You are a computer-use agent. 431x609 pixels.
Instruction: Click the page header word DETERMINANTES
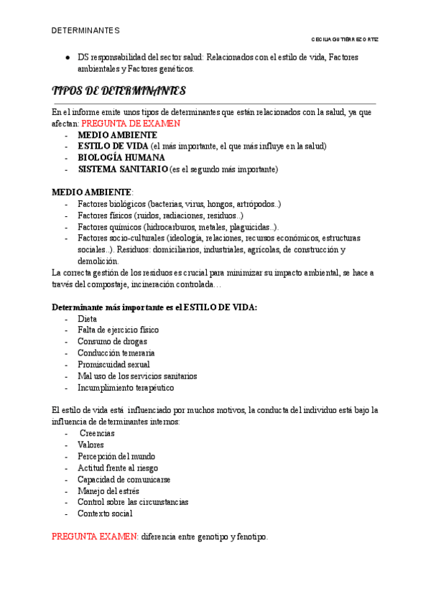coord(85,31)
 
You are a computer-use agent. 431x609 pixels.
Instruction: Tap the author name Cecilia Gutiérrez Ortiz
coord(344,39)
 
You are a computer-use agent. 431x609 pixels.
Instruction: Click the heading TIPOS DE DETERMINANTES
coord(119,91)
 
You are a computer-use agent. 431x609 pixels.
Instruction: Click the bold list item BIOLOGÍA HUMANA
coord(121,157)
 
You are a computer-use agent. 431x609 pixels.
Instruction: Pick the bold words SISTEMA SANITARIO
coord(123,169)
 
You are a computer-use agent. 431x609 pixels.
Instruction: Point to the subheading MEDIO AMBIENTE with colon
coord(93,192)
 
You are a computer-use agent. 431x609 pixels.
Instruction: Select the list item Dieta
coord(88,318)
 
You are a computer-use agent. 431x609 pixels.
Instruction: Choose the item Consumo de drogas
coord(113,341)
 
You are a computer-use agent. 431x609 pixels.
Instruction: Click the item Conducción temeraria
coord(116,353)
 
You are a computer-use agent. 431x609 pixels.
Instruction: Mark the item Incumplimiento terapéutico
coord(126,387)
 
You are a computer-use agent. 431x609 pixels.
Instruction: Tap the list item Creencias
coord(98,433)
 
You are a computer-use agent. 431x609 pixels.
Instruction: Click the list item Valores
coord(91,445)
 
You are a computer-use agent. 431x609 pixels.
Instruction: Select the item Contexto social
coord(106,513)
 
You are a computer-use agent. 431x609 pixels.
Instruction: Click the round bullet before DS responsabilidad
coord(66,57)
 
